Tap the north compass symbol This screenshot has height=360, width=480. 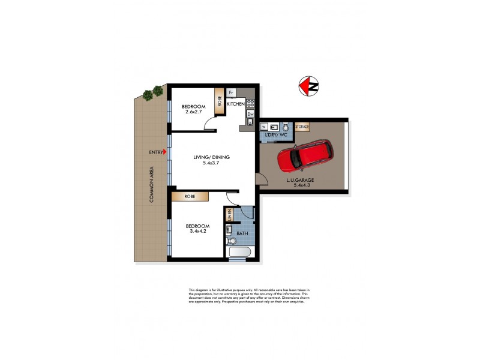309,86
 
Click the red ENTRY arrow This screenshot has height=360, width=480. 166,153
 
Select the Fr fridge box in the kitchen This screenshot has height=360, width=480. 231,93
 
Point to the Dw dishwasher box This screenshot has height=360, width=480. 251,114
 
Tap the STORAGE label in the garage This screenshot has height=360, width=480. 302,127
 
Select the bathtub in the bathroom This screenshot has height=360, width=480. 240,252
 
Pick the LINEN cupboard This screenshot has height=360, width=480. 229,215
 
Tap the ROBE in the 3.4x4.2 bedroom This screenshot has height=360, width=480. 190,196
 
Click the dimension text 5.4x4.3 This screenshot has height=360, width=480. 304,185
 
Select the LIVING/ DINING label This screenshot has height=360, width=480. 211,158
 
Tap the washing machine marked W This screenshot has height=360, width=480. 265,127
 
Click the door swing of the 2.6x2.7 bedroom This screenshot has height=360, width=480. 211,124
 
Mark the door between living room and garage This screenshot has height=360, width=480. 260,178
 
